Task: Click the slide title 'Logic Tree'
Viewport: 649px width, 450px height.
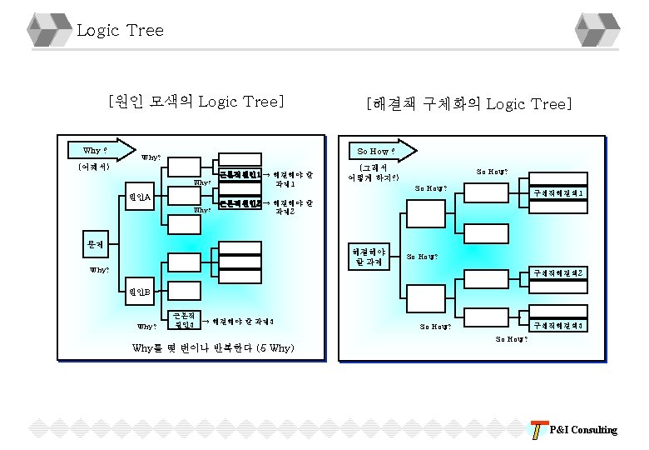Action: coord(120,31)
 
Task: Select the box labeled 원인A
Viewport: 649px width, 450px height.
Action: coord(141,197)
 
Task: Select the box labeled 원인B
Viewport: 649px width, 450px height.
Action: coord(141,292)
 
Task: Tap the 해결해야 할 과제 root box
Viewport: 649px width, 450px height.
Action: coord(369,257)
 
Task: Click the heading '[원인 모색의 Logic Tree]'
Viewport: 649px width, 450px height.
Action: coord(196,102)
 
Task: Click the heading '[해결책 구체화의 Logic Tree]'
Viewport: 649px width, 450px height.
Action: coord(469,104)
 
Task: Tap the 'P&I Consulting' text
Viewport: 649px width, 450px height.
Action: coord(583,430)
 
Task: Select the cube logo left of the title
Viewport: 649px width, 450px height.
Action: coord(48,30)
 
